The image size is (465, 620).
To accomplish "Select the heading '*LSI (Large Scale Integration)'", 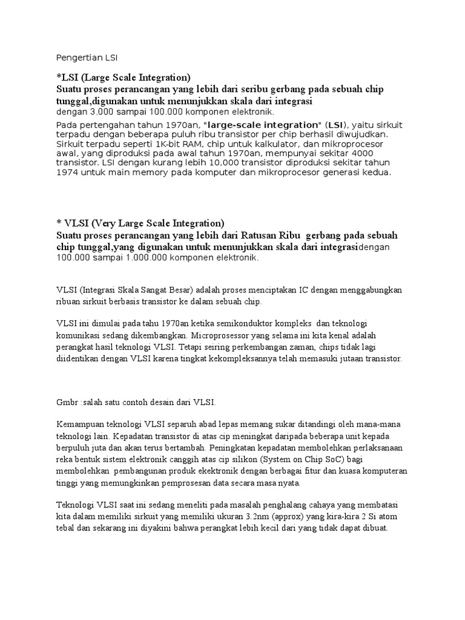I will click(124, 77).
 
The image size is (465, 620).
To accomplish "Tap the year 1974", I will click(69, 173).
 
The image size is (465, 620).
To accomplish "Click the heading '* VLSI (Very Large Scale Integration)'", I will click(140, 222).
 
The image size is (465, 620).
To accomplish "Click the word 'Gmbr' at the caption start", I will click(67, 402).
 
